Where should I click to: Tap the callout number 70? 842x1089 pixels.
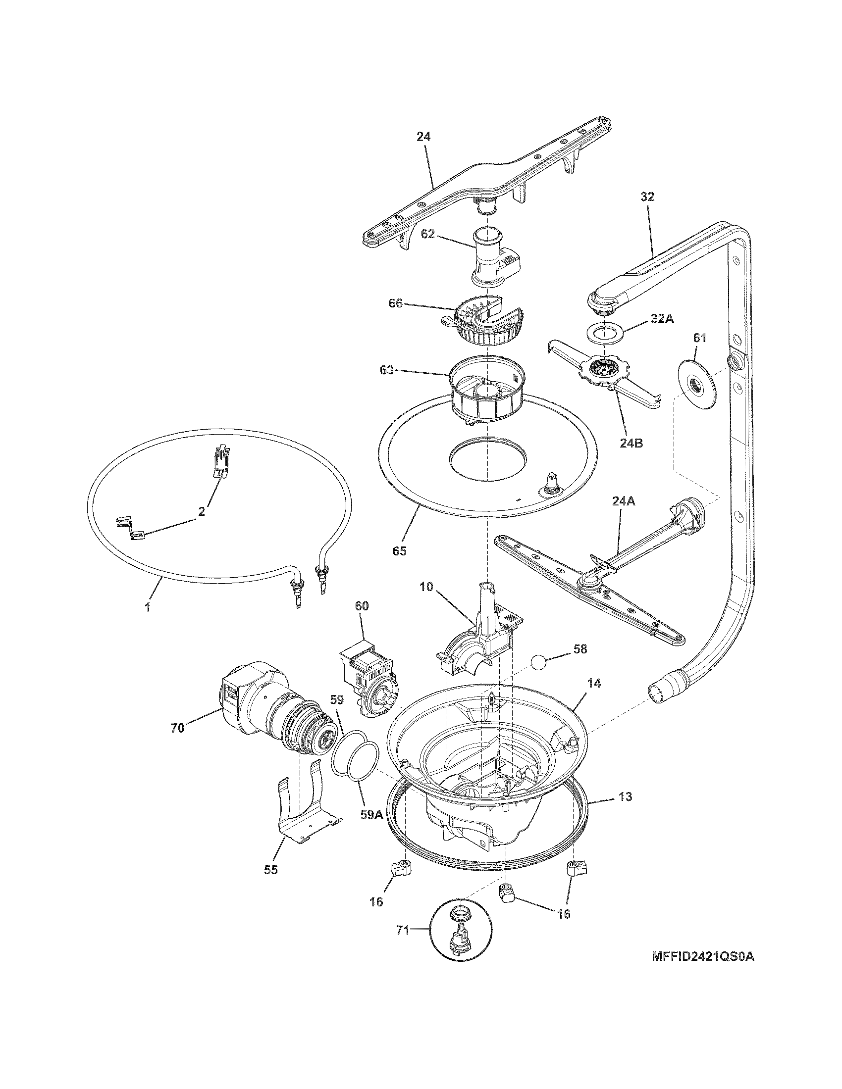[x=178, y=728]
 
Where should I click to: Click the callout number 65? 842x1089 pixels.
[x=399, y=550]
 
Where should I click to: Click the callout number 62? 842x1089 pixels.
[x=427, y=233]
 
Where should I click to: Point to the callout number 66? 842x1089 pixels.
[x=396, y=303]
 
